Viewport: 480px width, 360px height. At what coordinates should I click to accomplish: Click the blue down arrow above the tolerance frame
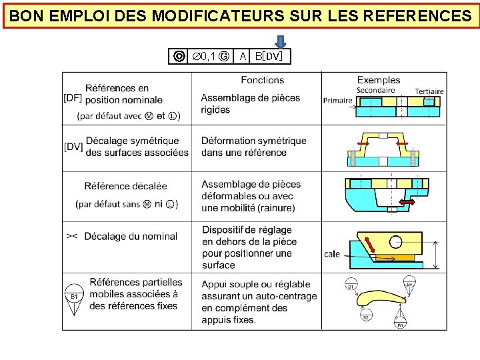[281, 41]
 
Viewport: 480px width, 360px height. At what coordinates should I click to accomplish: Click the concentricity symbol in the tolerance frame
[179, 57]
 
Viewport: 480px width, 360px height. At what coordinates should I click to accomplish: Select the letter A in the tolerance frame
[243, 57]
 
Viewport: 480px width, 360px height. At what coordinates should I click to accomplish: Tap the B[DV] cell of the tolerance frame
[269, 57]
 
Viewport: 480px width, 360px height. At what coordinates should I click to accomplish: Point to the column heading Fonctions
[262, 80]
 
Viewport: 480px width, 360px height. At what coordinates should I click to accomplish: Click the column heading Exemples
[379, 80]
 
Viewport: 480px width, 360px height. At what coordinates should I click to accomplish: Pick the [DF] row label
[73, 98]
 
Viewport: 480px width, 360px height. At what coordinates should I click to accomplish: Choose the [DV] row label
[73, 147]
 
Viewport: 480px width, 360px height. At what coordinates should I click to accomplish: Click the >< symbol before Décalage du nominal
[72, 236]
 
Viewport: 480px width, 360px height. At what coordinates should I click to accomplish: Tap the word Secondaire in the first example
[375, 90]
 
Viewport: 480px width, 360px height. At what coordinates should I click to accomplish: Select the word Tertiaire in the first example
[429, 91]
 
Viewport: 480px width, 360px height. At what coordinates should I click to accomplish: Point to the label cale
[332, 254]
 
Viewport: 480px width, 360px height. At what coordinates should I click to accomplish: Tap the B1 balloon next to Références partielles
[75, 296]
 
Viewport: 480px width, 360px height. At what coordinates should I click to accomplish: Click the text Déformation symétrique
[254, 141]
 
